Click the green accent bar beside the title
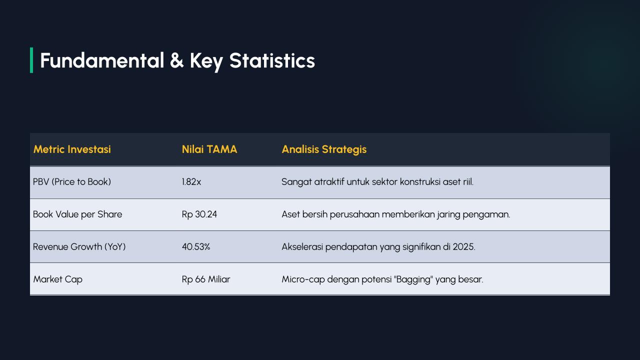pos(31,60)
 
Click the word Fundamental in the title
pos(102,60)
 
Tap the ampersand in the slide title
pos(176,60)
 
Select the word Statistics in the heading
pos(272,60)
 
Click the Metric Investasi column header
pos(72,149)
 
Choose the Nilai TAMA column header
pos(209,149)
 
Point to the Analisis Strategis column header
pos(324,149)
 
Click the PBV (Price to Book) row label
pos(72,182)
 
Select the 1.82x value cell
pos(191,182)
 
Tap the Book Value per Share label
pos(77,214)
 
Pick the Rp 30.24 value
pos(199,214)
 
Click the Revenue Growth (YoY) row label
pos(79,247)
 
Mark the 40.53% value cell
pos(196,247)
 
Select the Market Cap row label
pos(57,279)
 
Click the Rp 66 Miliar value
pos(206,279)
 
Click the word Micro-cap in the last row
pos(303,279)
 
